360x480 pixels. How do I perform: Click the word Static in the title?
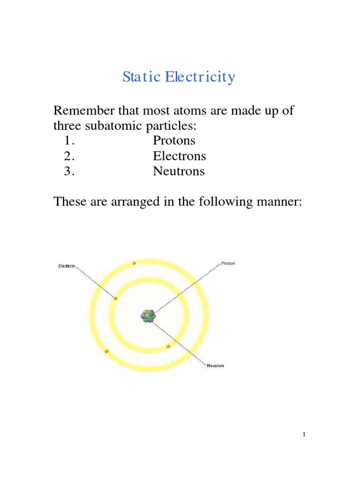(141, 77)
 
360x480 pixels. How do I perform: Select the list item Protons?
(174, 141)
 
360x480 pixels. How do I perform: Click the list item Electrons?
(179, 156)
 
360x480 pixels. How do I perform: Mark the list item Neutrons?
(179, 172)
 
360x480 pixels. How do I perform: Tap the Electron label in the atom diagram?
(66, 266)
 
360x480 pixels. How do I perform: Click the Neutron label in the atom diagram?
(216, 366)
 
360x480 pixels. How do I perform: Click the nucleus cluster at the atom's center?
(148, 316)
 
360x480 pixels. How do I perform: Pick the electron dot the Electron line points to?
(115, 298)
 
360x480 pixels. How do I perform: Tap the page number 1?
(304, 435)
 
